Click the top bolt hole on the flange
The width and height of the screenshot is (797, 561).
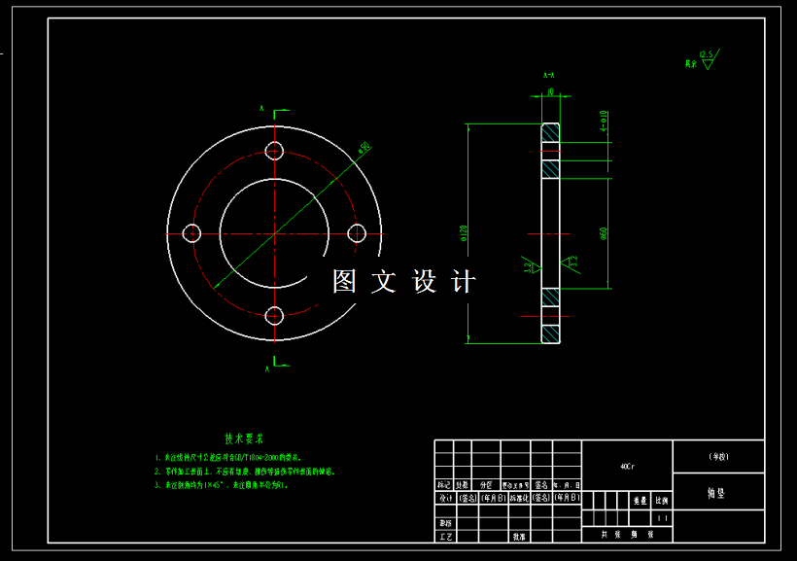[274, 150]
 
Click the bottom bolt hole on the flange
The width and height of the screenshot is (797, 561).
[274, 315]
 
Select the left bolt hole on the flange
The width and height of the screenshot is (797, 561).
[191, 232]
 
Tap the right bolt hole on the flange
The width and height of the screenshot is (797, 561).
[357, 232]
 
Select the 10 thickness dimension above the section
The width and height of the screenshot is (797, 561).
[551, 92]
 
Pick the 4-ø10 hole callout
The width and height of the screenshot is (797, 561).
[604, 120]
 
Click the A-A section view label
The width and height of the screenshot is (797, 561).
[549, 75]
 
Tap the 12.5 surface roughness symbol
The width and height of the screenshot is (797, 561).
[706, 59]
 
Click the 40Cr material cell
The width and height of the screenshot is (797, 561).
[627, 467]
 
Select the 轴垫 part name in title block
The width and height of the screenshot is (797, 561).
[717, 493]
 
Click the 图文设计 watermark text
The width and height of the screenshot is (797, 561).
[404, 282]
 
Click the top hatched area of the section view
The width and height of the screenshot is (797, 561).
[551, 133]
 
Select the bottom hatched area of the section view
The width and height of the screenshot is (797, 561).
[551, 331]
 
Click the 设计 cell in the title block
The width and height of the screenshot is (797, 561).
[444, 498]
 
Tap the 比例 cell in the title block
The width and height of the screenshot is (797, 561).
[662, 501]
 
